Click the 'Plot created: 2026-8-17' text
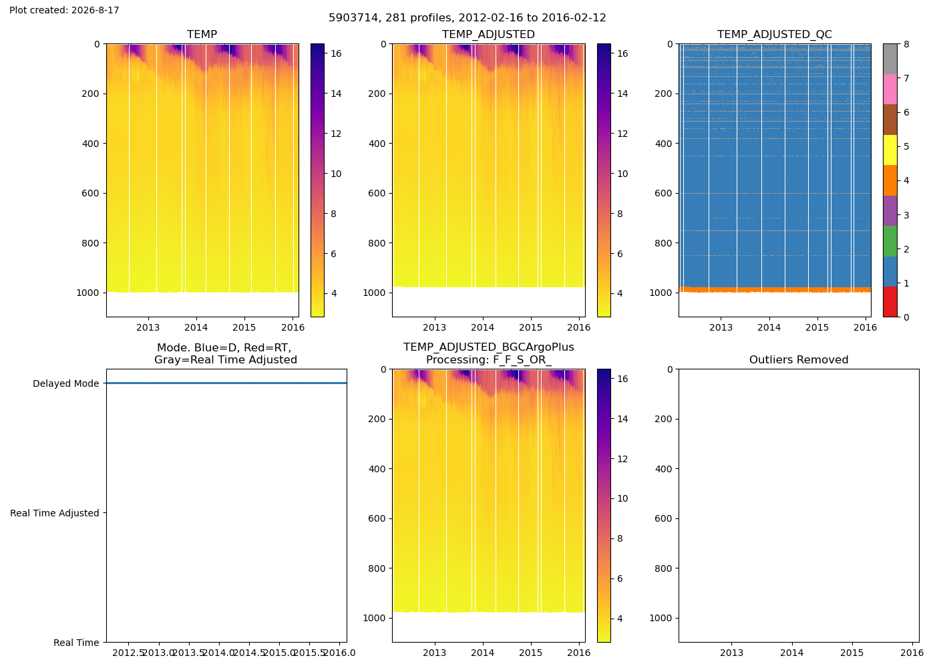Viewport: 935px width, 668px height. tap(64, 10)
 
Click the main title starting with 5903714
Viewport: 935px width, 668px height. tap(467, 17)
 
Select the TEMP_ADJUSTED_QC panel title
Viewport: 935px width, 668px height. tap(774, 34)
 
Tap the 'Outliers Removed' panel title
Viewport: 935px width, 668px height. tap(799, 360)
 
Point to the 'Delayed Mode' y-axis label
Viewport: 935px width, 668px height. tap(66, 383)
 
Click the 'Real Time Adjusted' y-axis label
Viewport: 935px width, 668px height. tap(55, 513)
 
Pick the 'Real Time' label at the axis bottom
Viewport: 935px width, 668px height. tap(76, 643)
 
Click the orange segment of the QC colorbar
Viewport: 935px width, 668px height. tap(890, 180)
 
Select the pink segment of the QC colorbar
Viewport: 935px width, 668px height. tap(890, 90)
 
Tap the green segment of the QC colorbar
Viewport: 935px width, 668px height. tap(890, 241)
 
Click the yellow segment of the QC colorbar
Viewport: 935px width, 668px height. tap(890, 150)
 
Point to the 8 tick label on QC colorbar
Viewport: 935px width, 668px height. tap(906, 44)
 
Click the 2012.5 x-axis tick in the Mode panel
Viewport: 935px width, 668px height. tap(128, 653)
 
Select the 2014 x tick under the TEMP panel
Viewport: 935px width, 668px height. tap(196, 327)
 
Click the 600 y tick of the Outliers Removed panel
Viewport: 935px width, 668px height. tap(663, 518)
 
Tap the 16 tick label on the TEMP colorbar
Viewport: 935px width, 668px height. tap(336, 53)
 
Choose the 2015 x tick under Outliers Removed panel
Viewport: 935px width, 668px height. tap(852, 653)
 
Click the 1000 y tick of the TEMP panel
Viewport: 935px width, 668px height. tap(87, 293)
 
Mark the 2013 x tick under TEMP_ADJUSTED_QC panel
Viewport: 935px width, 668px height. tap(721, 327)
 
